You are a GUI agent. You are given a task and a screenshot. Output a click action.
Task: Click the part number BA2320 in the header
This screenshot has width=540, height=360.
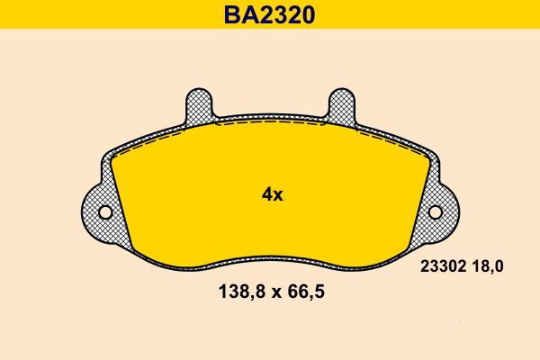(x=270, y=14)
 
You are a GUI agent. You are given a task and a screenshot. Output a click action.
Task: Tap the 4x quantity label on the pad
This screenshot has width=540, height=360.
(x=271, y=193)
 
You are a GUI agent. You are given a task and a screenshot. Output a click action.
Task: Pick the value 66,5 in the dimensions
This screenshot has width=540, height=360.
(x=304, y=292)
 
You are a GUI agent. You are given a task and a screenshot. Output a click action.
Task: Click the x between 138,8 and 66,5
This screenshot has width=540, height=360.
(x=272, y=293)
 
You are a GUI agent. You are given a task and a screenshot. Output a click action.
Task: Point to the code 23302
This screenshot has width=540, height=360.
(x=441, y=266)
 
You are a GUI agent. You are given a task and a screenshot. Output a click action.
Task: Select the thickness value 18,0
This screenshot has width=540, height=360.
(x=487, y=266)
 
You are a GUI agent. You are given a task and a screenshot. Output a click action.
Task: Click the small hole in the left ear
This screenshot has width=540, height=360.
(x=104, y=212)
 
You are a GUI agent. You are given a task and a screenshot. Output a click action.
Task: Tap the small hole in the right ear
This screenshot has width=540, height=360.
(x=436, y=212)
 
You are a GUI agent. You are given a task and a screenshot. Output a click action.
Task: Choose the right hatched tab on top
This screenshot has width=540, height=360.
(x=342, y=105)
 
